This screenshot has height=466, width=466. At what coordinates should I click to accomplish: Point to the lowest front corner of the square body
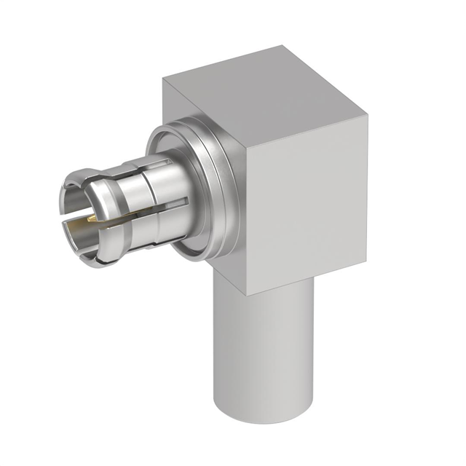pyautogui.click(x=248, y=294)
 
